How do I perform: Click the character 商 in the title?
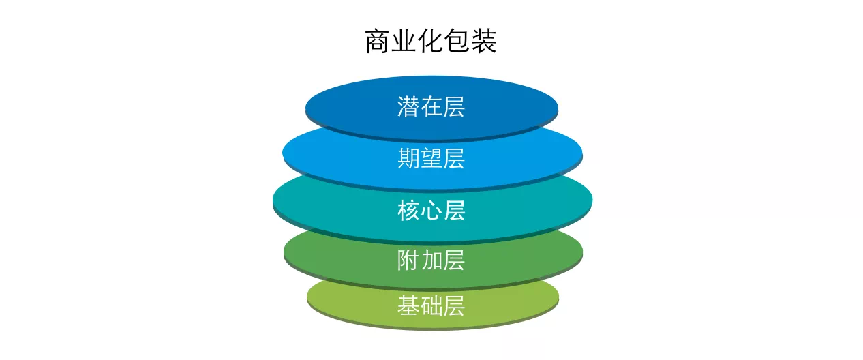coord(378,41)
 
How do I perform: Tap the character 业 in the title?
coord(404,41)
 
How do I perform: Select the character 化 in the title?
coord(431,41)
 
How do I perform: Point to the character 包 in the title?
coord(457,41)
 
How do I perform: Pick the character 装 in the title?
coord(484,41)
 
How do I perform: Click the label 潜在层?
coord(431,106)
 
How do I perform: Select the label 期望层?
coord(431,158)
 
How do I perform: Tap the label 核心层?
coord(431,210)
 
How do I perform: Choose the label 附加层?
coord(431,260)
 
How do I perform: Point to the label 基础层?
coord(431,305)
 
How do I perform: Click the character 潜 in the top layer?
coord(408,106)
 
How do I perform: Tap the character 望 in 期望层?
coord(431,158)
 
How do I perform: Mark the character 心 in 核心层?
coord(431,210)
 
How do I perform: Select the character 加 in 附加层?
coord(431,260)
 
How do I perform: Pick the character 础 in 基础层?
coord(431,305)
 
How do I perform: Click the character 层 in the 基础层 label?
coord(454,305)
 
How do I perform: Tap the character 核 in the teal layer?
coord(408,210)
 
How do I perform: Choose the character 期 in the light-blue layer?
coord(408,158)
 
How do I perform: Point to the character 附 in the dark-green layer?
coord(408,260)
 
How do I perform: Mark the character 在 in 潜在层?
coord(431,106)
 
